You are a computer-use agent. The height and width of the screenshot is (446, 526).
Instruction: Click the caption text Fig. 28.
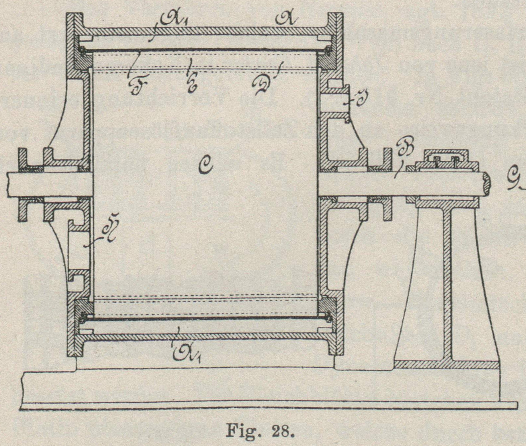click(x=260, y=430)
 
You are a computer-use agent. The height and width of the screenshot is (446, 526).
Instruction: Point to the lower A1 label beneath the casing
click(x=187, y=354)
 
